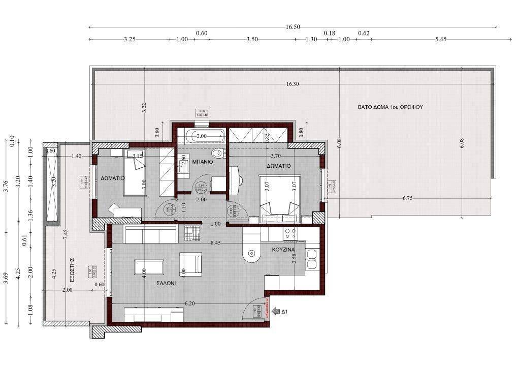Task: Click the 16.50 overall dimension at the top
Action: (293, 27)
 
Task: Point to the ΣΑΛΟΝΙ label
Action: (166, 284)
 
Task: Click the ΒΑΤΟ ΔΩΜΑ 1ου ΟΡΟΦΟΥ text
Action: (391, 107)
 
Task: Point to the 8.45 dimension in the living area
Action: (216, 243)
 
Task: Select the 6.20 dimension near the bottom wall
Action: (190, 303)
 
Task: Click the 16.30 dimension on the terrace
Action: (293, 84)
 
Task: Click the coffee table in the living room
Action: (149, 267)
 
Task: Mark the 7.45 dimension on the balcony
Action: (66, 235)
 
